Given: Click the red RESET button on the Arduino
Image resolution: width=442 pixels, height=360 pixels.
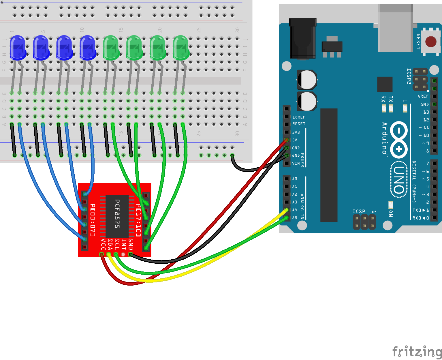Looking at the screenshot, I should tap(431, 42).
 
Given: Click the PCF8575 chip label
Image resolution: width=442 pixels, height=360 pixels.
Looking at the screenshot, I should tap(117, 214).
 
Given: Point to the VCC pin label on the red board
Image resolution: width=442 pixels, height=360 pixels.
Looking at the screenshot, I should tap(103, 244).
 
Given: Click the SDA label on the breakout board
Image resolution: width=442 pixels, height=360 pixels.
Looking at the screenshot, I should tap(110, 244).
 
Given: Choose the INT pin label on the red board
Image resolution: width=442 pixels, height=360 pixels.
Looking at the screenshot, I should tap(124, 244).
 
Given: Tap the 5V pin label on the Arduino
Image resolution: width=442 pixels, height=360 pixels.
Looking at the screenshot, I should tap(295, 140).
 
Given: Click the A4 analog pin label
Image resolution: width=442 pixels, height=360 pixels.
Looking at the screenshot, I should tap(295, 210).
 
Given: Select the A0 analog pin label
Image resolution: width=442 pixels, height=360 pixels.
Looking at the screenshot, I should tap(295, 179).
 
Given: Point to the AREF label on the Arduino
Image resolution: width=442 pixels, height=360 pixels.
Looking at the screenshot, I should tap(423, 96).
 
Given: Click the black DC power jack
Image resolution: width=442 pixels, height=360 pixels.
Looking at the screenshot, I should tap(302, 39).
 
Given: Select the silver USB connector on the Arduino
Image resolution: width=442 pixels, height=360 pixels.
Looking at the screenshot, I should tap(395, 29).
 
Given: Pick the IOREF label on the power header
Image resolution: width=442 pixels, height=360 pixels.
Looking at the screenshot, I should tap(299, 117).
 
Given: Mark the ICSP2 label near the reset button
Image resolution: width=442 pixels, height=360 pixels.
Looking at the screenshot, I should tap(409, 76).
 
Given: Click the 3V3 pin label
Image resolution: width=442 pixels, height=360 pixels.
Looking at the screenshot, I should tap(296, 132).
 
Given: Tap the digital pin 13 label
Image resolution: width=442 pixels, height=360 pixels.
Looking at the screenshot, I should tap(426, 112).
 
